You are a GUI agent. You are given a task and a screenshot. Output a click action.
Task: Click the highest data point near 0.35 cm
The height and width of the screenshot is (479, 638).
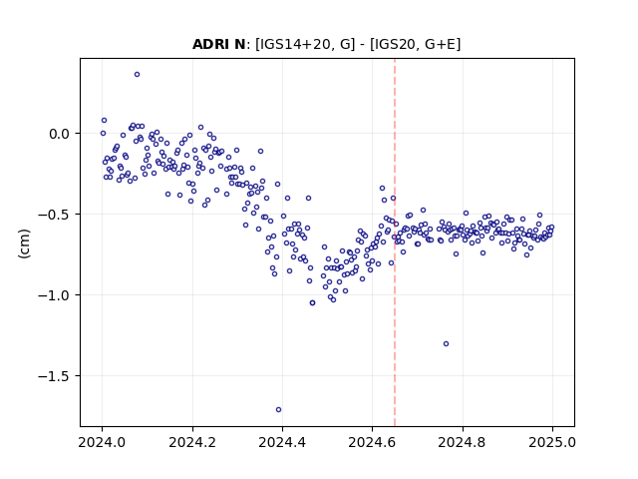pyautogui.click(x=138, y=74)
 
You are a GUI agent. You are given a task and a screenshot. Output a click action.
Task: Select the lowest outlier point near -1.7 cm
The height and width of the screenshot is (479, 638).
pyautogui.click(x=278, y=409)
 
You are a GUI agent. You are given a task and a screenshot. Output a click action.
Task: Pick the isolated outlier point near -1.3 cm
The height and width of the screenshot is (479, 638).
pyautogui.click(x=446, y=343)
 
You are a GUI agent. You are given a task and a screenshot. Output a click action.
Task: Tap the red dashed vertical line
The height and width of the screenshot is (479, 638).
pyautogui.click(x=395, y=242)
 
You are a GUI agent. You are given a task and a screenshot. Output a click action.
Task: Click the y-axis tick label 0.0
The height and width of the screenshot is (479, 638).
pyautogui.click(x=60, y=134)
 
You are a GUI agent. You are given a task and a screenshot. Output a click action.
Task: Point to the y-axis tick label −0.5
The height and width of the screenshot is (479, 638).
pyautogui.click(x=55, y=215)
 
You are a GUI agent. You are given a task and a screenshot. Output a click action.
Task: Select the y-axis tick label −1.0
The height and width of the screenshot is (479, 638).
pyautogui.click(x=55, y=295)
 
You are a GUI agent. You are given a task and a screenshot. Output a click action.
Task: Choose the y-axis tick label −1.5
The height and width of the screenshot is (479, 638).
pyautogui.click(x=55, y=375)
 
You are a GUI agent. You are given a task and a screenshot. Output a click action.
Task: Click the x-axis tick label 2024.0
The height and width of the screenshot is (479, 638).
pyautogui.click(x=102, y=442)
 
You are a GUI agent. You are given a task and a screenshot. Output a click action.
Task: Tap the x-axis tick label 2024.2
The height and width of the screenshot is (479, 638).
pyautogui.click(x=192, y=442)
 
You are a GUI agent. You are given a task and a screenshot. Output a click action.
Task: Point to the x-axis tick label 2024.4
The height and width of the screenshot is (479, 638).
pyautogui.click(x=282, y=442)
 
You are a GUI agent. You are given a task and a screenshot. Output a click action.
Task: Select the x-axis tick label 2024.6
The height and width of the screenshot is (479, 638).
pyautogui.click(x=372, y=442)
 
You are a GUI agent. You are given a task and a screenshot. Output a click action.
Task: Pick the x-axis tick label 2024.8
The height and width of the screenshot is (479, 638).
pyautogui.click(x=463, y=442)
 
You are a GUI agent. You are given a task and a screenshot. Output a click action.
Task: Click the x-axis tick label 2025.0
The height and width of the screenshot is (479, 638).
pyautogui.click(x=552, y=442)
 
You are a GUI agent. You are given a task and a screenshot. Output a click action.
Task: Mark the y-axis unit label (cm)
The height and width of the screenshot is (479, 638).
pyautogui.click(x=24, y=243)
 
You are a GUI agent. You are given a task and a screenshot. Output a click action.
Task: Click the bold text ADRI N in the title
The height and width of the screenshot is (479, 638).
pyautogui.click(x=219, y=44)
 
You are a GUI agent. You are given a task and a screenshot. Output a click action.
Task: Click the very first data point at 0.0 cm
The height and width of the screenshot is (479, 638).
pyautogui.click(x=103, y=133)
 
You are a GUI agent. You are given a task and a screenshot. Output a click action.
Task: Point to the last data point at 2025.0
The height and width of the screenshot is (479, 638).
pyautogui.click(x=551, y=228)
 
